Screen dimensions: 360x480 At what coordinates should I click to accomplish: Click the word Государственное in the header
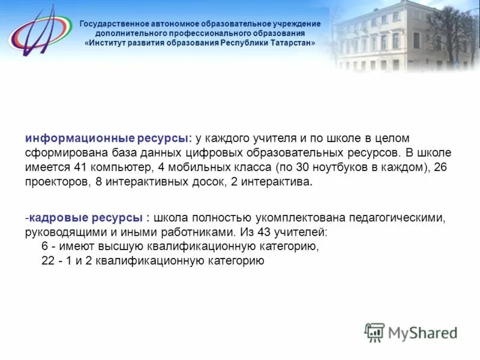115,24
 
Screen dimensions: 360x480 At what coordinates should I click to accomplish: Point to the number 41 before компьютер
79,167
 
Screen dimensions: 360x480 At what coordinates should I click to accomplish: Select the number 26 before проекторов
440,167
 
